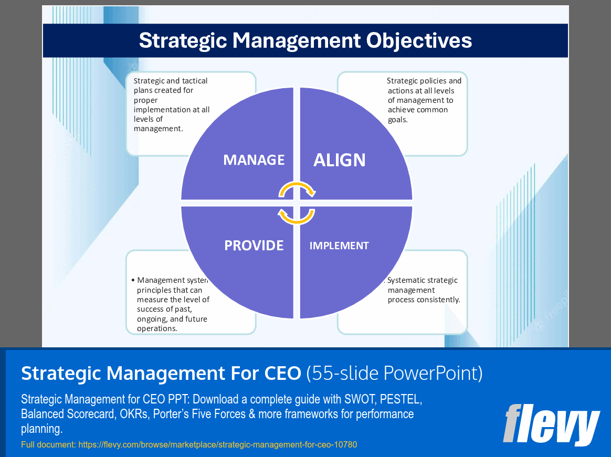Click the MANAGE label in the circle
[x=254, y=160]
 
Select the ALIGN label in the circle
[x=340, y=160]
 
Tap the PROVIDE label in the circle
[x=254, y=245]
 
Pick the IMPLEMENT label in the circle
[x=339, y=246]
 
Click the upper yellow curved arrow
[x=297, y=188]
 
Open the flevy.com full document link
[x=217, y=445]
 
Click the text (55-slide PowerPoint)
[x=394, y=373]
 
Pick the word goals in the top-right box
[x=397, y=119]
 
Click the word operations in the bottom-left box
[x=156, y=328]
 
